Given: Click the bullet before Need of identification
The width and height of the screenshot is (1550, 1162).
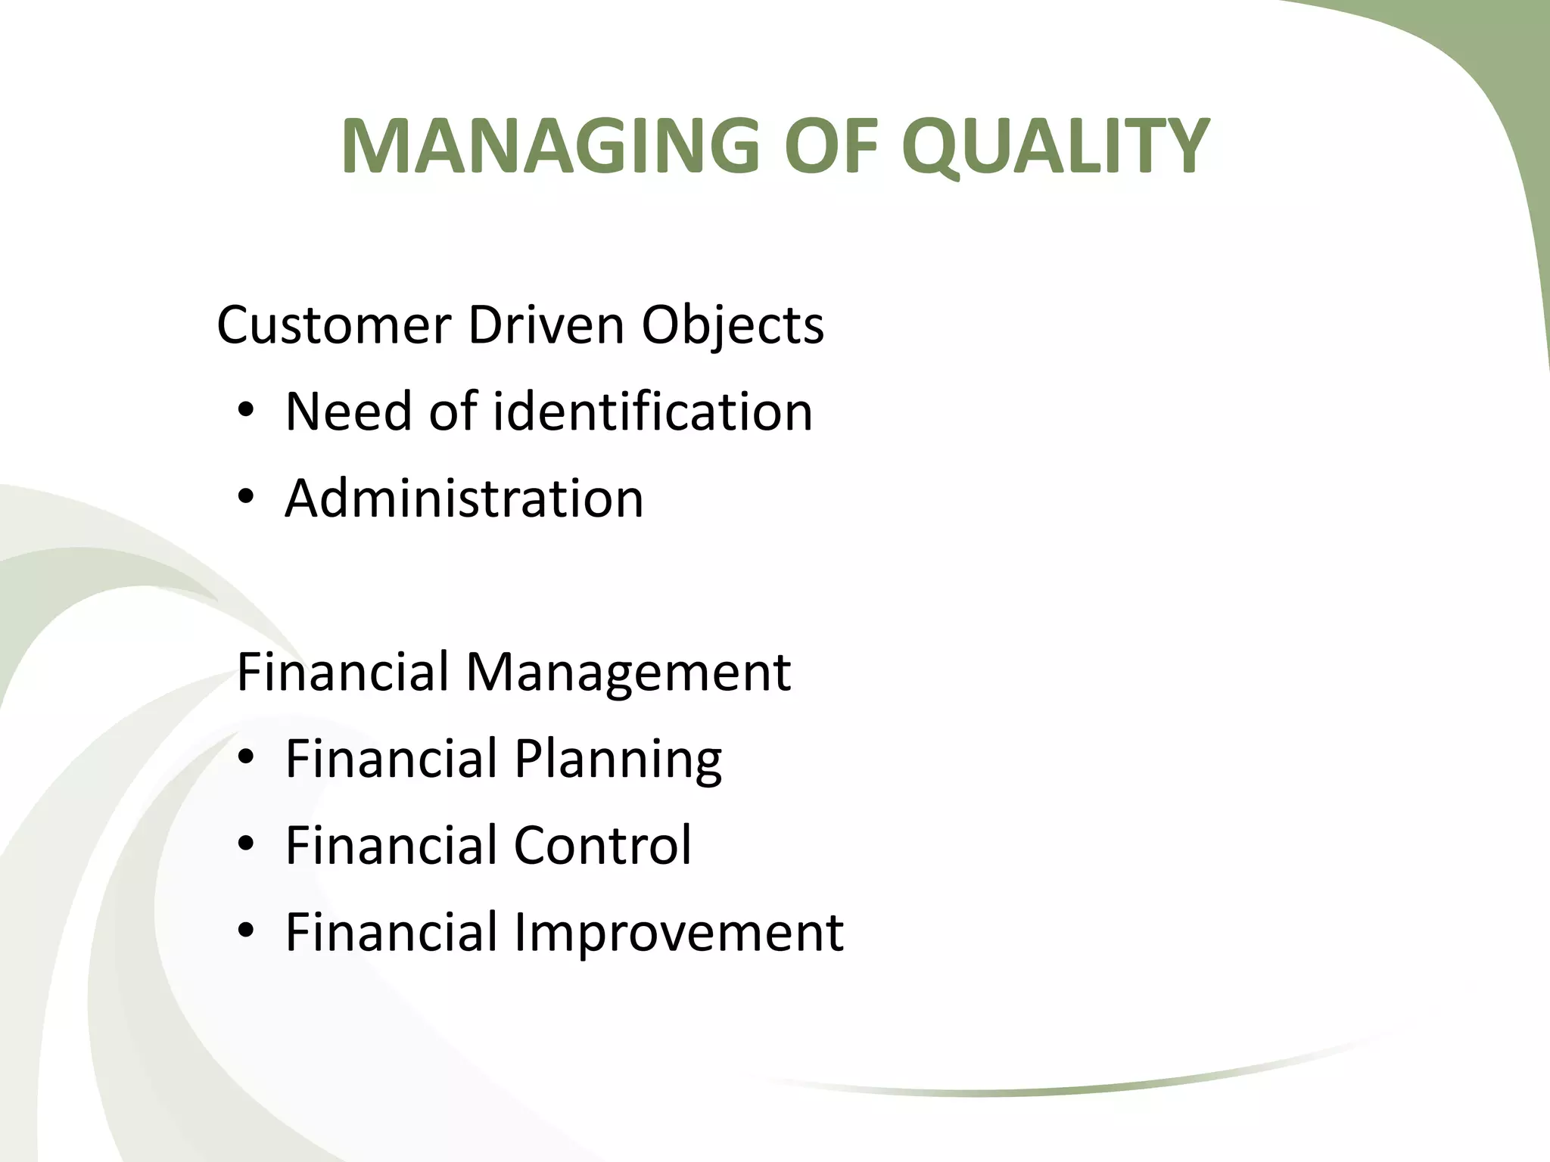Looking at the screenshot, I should point(245,412).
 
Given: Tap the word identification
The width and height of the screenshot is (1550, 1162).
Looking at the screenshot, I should point(652,412).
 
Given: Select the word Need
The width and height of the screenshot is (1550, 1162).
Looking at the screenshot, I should point(349,412).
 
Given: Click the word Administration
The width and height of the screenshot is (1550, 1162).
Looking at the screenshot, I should point(464,499).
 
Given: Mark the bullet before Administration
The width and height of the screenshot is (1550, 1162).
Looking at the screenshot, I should point(245,499).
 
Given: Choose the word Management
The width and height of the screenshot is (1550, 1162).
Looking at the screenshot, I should point(627,673).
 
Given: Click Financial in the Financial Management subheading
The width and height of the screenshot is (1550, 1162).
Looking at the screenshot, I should point(343,671).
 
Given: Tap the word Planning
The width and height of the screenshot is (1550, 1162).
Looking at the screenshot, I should point(618,760).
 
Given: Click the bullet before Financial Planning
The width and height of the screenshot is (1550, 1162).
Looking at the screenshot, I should point(245,759).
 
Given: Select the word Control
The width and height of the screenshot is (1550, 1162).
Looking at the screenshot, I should point(602,845).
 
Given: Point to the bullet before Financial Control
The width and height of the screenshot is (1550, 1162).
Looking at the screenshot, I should point(245,845).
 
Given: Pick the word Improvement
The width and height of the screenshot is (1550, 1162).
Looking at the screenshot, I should point(678,932).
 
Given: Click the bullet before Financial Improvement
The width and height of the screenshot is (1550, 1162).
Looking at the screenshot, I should point(245,932).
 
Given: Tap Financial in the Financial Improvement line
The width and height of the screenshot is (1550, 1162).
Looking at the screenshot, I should point(391,932).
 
